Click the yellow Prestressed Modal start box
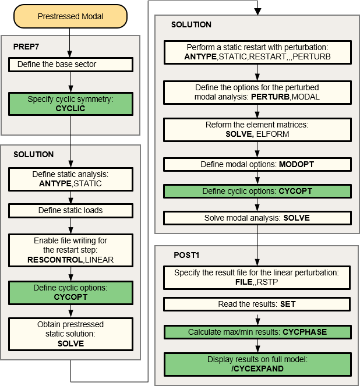click(x=70, y=16)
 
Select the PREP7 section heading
click(x=26, y=45)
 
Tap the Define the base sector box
click(x=70, y=63)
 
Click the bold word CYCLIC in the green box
click(x=70, y=108)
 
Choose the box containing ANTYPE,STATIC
click(x=70, y=179)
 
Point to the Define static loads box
click(x=70, y=210)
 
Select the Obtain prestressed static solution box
click(x=70, y=334)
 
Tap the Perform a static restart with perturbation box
click(x=257, y=52)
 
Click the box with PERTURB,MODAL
click(x=257, y=92)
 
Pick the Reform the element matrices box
click(x=257, y=129)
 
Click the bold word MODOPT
click(x=297, y=165)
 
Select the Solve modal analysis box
click(x=257, y=218)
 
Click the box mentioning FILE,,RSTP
click(x=257, y=278)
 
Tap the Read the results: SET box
click(x=257, y=304)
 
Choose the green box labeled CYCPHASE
click(x=257, y=332)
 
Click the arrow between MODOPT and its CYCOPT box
click(x=257, y=178)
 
